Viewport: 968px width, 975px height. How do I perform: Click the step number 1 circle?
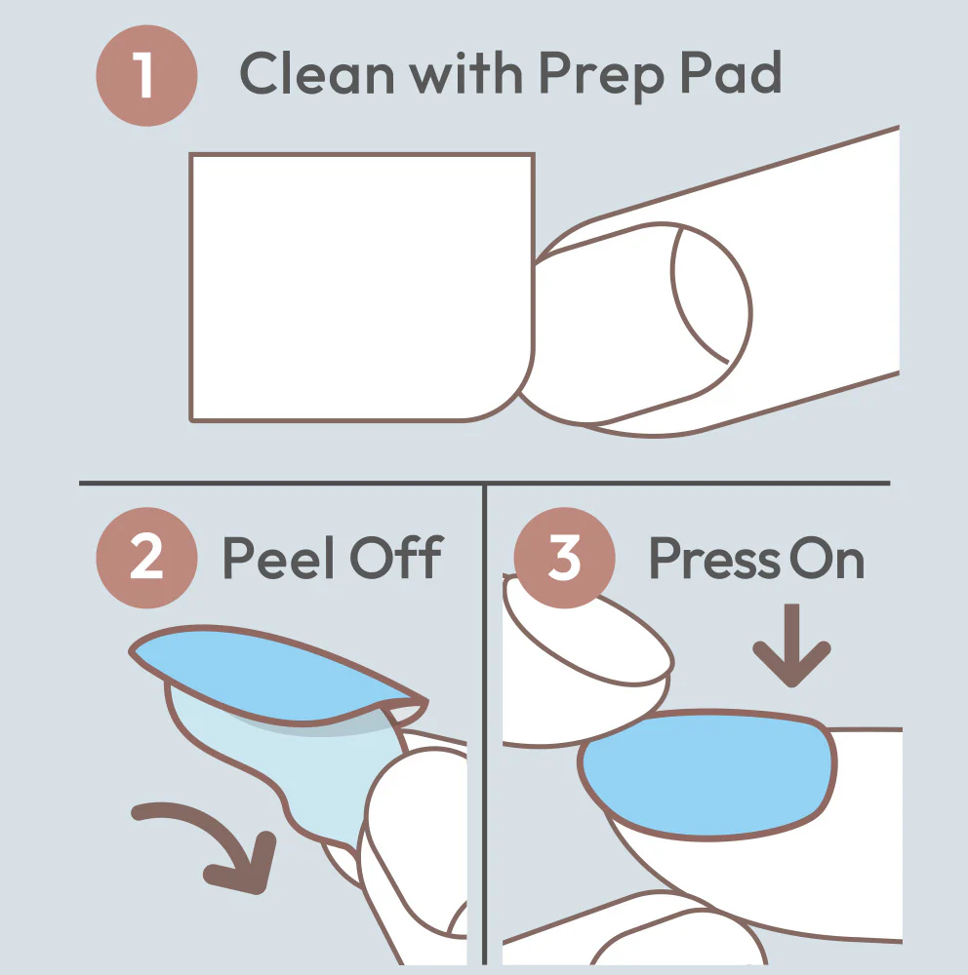click(x=146, y=76)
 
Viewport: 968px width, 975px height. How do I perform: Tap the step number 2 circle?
click(x=147, y=558)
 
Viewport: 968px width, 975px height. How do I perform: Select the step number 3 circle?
click(x=565, y=558)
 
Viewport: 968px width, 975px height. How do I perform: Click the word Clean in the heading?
click(x=317, y=73)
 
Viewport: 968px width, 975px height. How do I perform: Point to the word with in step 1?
click(x=465, y=72)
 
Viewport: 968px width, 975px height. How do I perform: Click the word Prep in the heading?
click(x=601, y=77)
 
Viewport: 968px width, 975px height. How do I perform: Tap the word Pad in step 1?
click(x=731, y=72)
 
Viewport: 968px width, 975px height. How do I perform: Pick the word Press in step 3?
click(x=714, y=558)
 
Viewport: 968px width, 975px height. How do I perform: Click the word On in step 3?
click(x=827, y=558)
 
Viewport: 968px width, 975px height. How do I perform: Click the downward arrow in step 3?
click(x=791, y=645)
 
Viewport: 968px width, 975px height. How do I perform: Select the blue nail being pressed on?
click(x=707, y=774)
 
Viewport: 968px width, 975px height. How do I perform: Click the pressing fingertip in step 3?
click(x=587, y=641)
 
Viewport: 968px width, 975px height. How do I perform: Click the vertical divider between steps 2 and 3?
click(x=484, y=724)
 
